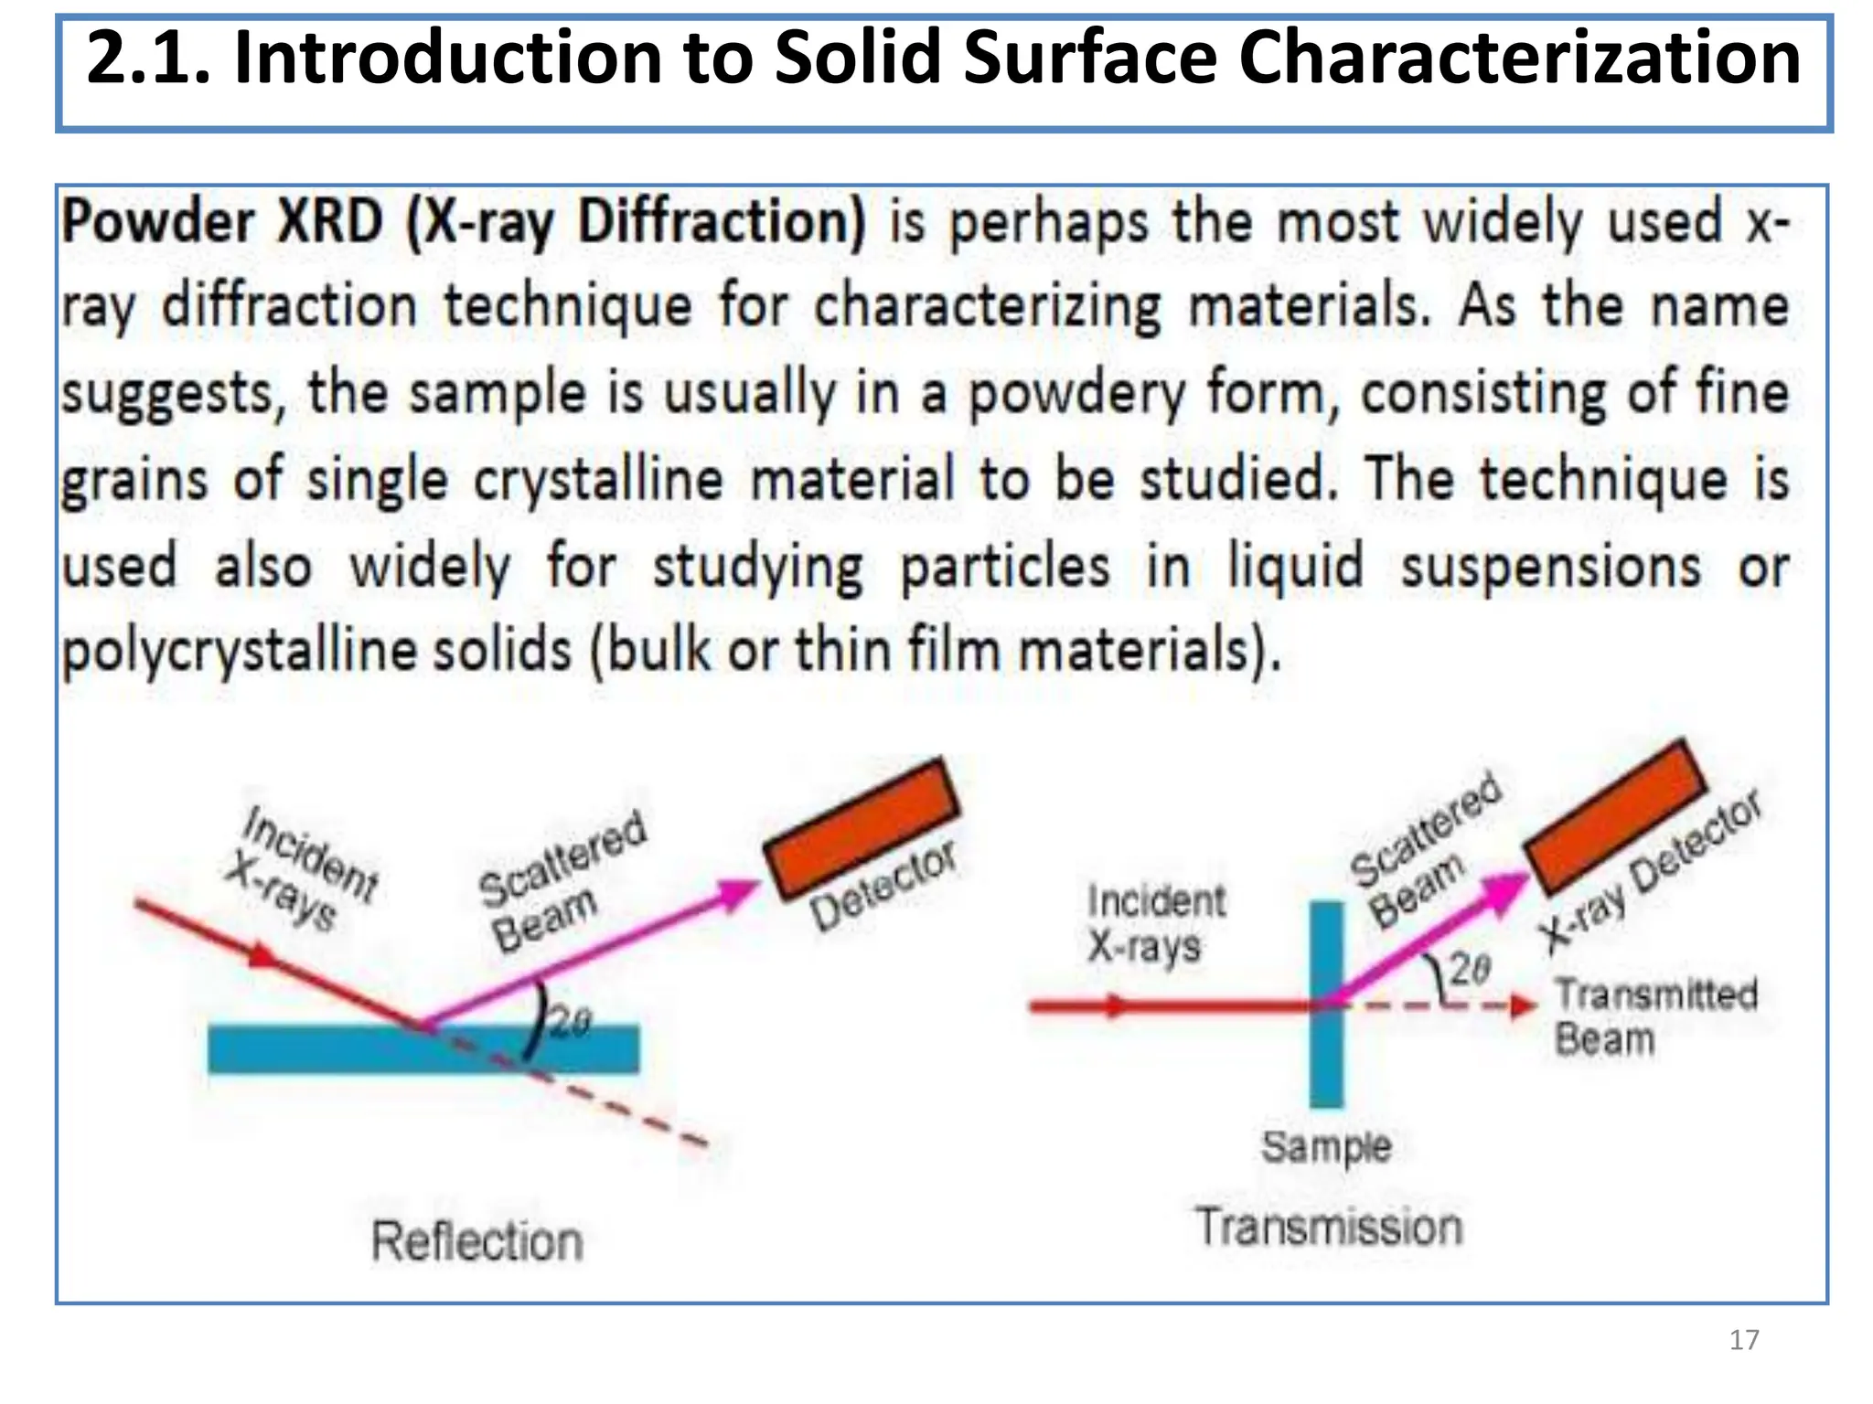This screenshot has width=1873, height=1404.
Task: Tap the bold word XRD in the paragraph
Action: point(329,222)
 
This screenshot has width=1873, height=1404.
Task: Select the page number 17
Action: point(1744,1340)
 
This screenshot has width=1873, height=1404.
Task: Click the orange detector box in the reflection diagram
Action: point(862,827)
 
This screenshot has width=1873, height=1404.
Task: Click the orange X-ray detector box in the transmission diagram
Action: point(1615,815)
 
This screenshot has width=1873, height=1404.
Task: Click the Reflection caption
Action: point(476,1241)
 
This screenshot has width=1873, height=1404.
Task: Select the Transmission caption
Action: point(1329,1227)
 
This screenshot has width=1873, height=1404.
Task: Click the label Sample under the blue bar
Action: point(1326,1146)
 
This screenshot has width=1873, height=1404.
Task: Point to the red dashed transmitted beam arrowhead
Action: point(1524,1006)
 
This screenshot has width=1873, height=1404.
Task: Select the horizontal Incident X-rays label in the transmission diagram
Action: point(1154,923)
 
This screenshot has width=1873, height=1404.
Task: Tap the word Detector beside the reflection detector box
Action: point(883,885)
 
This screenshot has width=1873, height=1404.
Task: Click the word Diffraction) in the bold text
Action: point(722,222)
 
